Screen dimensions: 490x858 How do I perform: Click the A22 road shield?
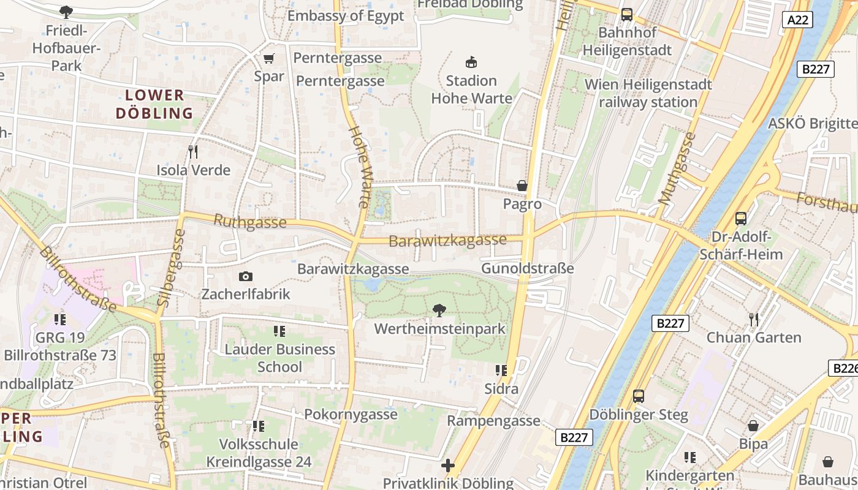(797, 20)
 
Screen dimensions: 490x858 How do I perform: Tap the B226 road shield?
(844, 368)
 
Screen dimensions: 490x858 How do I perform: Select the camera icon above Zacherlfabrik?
(245, 277)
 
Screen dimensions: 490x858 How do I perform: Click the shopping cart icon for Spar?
(268, 59)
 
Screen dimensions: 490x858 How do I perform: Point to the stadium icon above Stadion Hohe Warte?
(471, 62)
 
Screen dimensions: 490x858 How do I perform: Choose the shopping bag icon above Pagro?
(522, 186)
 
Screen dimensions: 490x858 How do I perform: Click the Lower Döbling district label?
(154, 104)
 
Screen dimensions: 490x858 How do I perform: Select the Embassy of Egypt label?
(346, 16)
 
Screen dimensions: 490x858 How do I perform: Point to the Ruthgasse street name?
(249, 222)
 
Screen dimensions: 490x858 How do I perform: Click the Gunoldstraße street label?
(527, 268)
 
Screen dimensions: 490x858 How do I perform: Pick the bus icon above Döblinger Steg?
(639, 396)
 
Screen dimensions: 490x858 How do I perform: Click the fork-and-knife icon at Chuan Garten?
(753, 319)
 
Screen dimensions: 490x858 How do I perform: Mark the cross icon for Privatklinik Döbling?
(448, 466)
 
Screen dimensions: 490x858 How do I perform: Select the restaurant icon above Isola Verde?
(193, 151)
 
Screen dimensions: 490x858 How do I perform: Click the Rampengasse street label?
(493, 421)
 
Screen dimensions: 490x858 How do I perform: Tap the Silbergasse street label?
(171, 268)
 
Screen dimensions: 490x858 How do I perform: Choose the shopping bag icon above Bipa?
(753, 426)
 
